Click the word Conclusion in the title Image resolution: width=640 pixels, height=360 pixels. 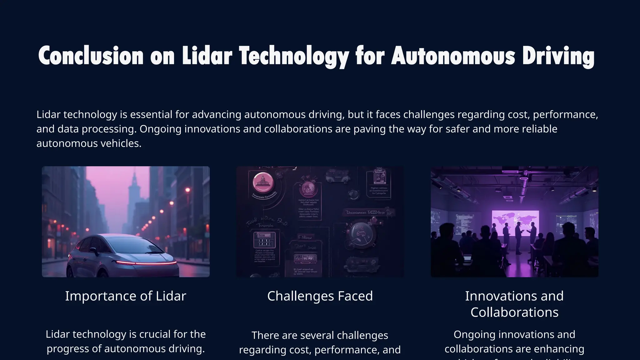(91, 56)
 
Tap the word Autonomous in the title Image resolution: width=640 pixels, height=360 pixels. (453, 56)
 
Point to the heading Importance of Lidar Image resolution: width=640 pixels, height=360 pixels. (126, 296)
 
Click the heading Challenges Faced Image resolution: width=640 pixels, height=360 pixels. (320, 296)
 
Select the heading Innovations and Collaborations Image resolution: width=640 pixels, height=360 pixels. (514, 304)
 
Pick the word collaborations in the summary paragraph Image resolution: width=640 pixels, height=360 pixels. (298, 129)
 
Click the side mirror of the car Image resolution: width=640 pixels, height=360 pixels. (93, 250)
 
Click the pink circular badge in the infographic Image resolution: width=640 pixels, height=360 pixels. (263, 182)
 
